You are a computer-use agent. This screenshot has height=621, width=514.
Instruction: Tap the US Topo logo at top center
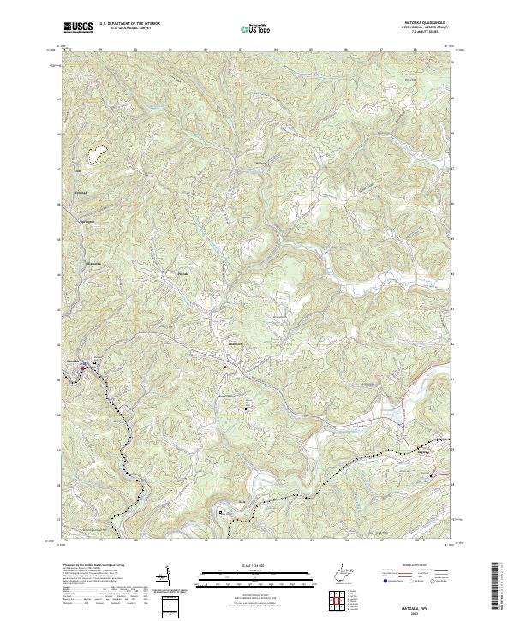pos(254,29)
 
